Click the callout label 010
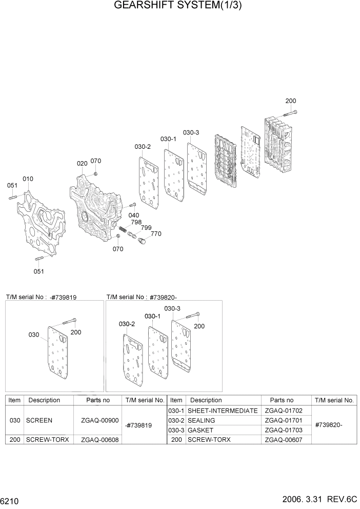click(x=28, y=179)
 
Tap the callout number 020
click(x=82, y=164)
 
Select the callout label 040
click(x=134, y=215)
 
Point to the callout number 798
click(x=136, y=222)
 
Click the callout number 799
click(x=146, y=228)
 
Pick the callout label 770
click(x=156, y=234)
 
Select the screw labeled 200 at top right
click(x=290, y=113)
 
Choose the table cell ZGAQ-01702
click(x=284, y=410)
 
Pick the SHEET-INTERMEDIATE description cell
click(x=223, y=410)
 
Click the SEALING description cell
click(x=202, y=420)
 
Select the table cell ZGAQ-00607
click(x=284, y=440)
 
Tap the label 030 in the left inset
click(x=34, y=335)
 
